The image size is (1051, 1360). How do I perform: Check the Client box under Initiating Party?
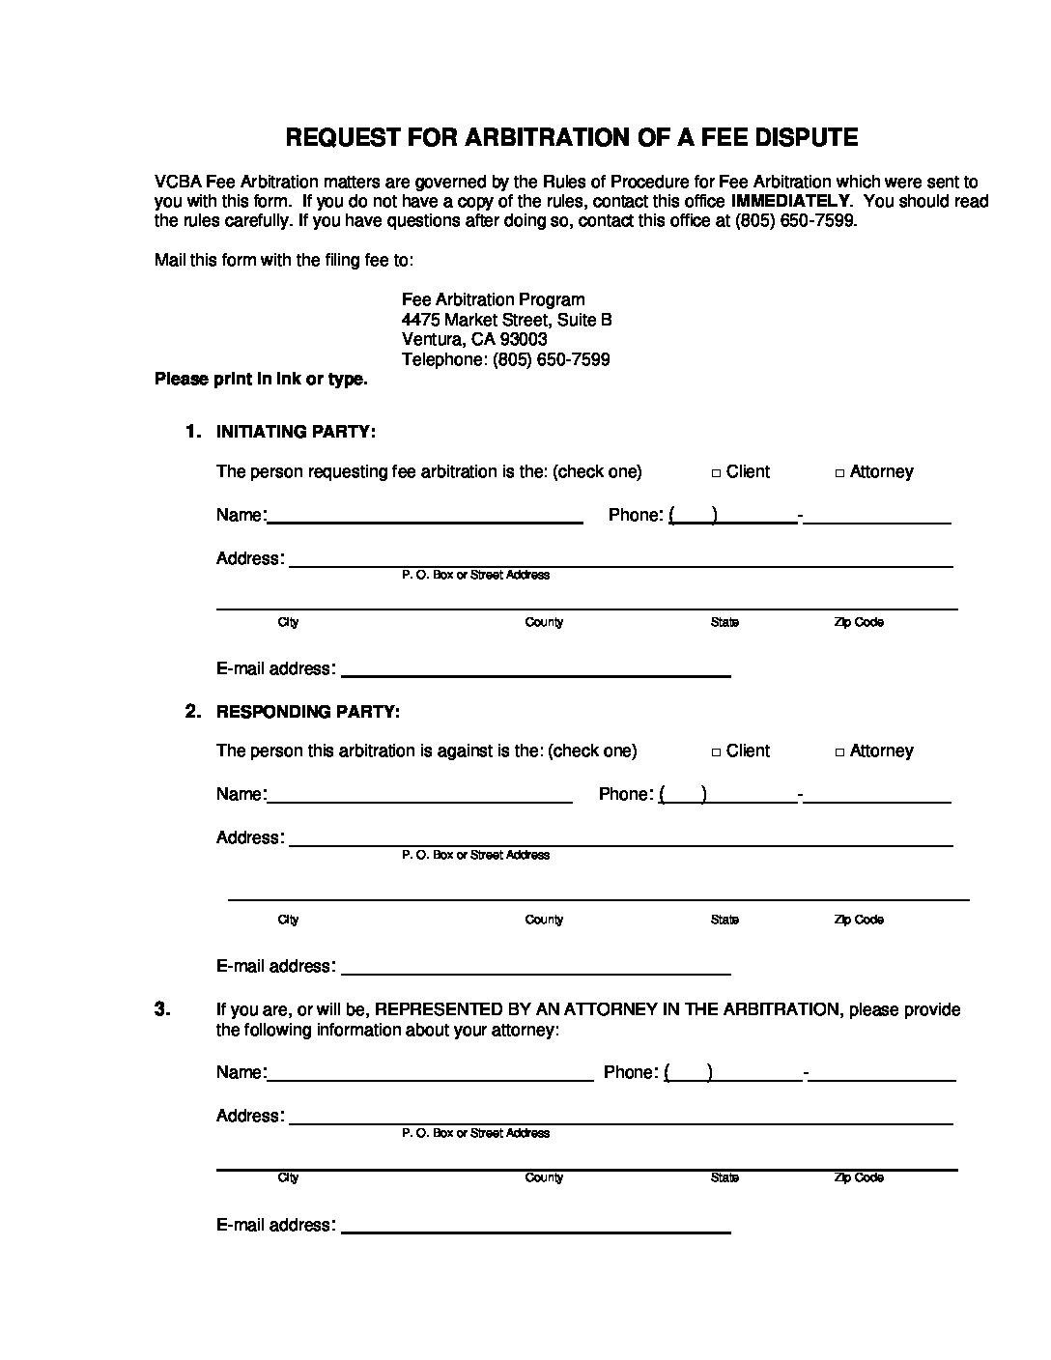coord(716,473)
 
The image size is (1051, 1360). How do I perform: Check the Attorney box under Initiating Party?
coord(840,473)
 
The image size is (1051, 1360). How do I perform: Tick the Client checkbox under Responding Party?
coord(716,752)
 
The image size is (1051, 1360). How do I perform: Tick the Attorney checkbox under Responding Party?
coord(840,752)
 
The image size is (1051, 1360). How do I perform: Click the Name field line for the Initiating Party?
coord(425,519)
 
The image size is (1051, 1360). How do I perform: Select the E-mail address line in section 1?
coord(536,672)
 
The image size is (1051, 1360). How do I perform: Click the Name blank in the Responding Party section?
coord(419,798)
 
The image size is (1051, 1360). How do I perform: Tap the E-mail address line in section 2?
coord(536,970)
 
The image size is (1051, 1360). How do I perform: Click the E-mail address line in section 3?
coord(536,1229)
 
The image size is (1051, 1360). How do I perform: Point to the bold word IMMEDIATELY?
coord(791,201)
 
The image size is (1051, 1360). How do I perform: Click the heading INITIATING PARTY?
coord(296,432)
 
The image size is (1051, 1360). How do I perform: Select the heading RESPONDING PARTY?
coord(307,712)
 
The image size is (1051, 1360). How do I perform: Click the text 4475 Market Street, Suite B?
coord(506,320)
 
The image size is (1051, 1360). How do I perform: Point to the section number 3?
coord(162,1009)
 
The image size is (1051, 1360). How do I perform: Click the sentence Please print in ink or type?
coord(261,380)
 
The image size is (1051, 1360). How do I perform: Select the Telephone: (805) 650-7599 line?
coord(505,360)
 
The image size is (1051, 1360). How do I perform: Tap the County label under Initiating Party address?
coord(544,623)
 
